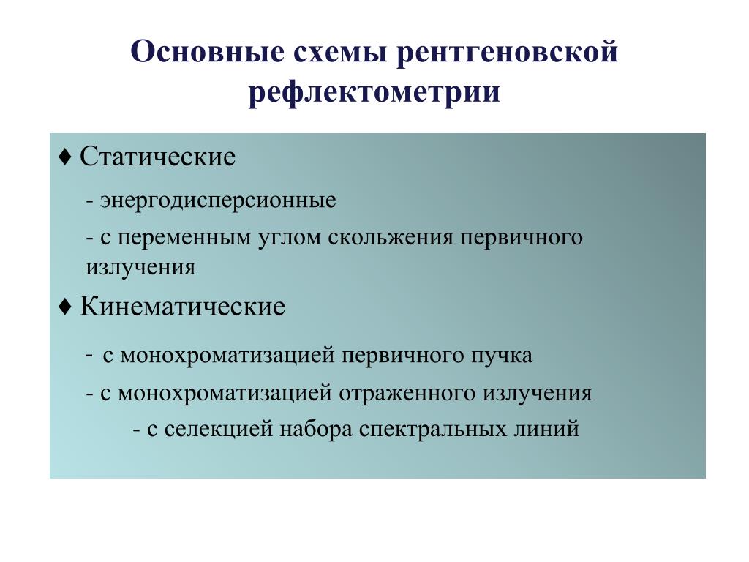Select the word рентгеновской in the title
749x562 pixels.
point(508,53)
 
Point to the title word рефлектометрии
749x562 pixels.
point(374,91)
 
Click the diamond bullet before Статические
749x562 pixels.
point(64,157)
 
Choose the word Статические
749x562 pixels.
point(158,157)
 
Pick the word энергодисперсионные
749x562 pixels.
point(218,201)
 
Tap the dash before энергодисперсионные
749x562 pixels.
point(90,201)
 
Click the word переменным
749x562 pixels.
point(184,238)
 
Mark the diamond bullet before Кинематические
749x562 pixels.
point(64,307)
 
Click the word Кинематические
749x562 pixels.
point(182,307)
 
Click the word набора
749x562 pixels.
point(316,427)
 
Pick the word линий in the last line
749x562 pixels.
point(546,429)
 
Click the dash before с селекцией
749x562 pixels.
point(137,430)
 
